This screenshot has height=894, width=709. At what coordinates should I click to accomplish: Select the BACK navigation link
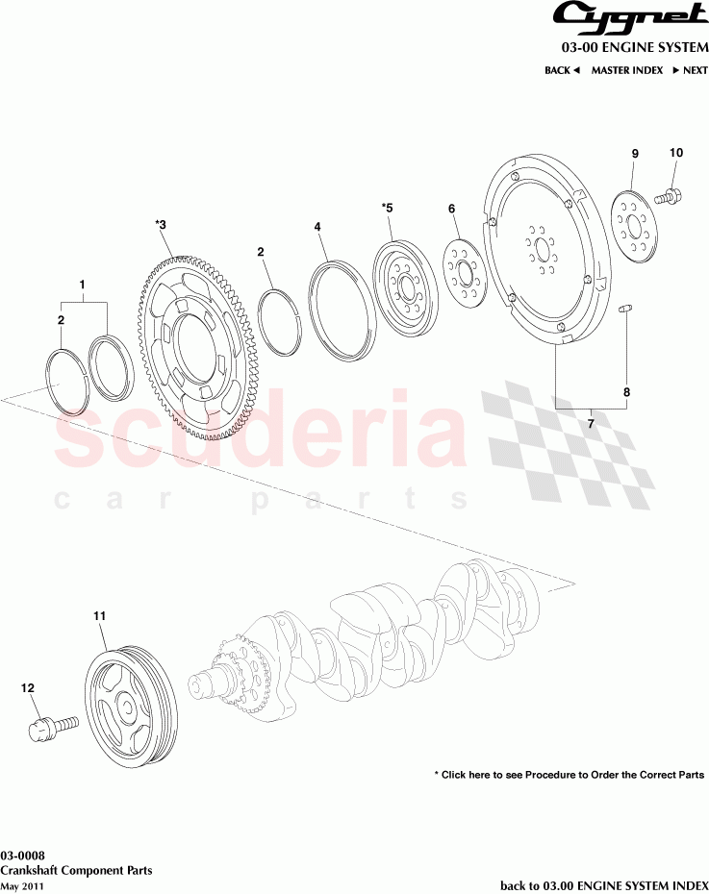[562, 70]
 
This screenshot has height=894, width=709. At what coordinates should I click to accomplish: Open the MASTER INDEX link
[626, 70]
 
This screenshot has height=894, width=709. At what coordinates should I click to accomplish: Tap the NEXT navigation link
[690, 70]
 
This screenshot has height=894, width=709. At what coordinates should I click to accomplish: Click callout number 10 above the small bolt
[675, 153]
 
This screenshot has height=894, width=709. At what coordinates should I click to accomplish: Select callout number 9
[634, 154]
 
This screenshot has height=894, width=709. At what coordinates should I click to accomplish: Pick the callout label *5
[388, 207]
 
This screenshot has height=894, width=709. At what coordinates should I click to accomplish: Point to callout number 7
[591, 420]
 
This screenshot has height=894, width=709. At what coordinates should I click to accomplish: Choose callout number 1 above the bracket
[82, 285]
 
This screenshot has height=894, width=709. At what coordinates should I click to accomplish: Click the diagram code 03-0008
[20, 855]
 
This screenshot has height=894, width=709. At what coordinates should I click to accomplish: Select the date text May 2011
[22, 885]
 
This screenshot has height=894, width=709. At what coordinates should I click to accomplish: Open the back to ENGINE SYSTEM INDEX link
[603, 884]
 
